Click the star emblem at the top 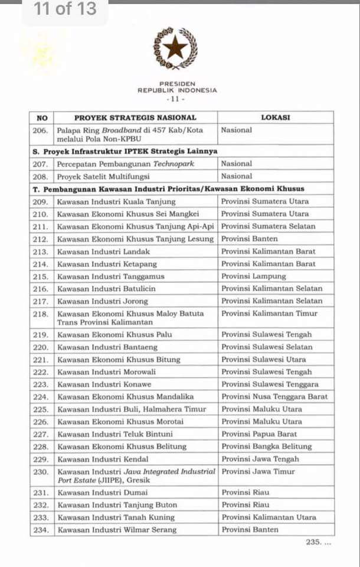pyautogui.click(x=175, y=47)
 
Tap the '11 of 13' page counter pyautogui.click(x=65, y=10)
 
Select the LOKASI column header pyautogui.click(x=276, y=117)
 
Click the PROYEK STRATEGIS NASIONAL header pyautogui.click(x=135, y=117)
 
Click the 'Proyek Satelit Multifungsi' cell pyautogui.click(x=104, y=176)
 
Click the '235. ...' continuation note pyautogui.click(x=319, y=542)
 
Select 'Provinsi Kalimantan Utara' pyautogui.click(x=269, y=517)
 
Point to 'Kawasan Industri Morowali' pyautogui.click(x=107, y=372)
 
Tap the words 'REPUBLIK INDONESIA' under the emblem pyautogui.click(x=177, y=90)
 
